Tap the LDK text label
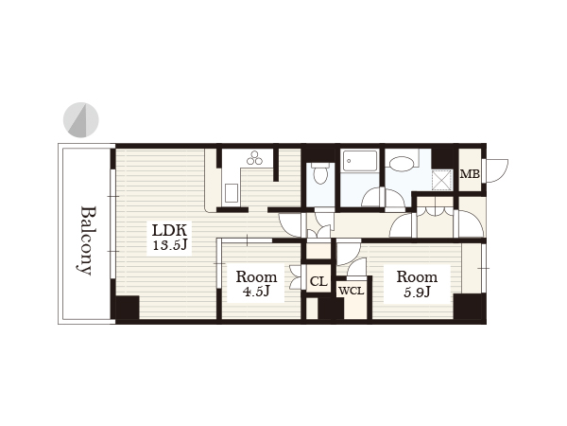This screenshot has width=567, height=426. pos(169,230)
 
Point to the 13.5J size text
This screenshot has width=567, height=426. pos(169,245)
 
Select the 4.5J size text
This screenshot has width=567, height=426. pos(256,292)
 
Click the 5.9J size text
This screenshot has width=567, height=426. pos(417,292)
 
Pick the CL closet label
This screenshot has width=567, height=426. pos(318,281)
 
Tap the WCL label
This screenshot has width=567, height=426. pos(352,291)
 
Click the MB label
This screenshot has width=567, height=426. pos(470,174)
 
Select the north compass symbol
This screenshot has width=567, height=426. pos(81,120)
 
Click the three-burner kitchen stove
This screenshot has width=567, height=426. pos(254,157)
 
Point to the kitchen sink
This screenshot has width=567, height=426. pos(232,193)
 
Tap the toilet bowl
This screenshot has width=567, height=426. pos(319,173)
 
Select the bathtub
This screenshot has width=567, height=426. pos(360,161)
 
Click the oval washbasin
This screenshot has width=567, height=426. pos(402,164)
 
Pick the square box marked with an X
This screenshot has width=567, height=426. pos(442,180)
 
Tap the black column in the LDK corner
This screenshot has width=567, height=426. pos(128,308)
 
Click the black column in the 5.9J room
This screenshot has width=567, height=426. pos(470,307)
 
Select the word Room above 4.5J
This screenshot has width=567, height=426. pos(256,277)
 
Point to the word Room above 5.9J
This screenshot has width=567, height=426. pos(417,277)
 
